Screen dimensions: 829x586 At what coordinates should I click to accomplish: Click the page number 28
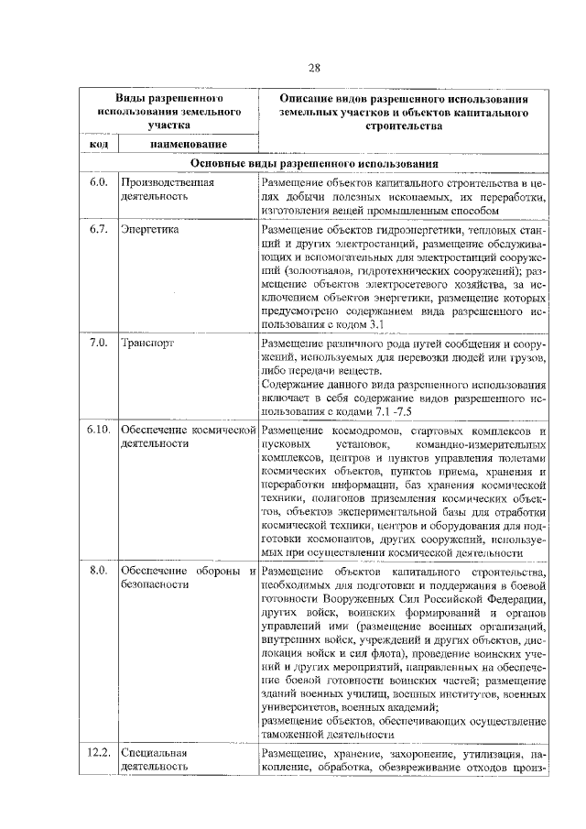(x=314, y=69)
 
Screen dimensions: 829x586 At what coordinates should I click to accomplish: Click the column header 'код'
(x=99, y=145)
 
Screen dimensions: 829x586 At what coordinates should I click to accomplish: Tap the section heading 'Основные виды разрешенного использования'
(x=314, y=163)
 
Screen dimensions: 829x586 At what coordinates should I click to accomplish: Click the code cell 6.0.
(x=99, y=182)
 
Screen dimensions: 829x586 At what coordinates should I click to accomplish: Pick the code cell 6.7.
(x=99, y=229)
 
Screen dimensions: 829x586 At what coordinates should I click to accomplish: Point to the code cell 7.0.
(x=99, y=343)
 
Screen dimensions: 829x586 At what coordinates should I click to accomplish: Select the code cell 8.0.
(x=99, y=573)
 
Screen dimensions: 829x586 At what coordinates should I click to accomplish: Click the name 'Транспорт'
(x=146, y=343)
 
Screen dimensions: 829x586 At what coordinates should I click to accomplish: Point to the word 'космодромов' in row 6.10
(x=356, y=430)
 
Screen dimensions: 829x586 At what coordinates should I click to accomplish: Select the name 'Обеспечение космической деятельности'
(x=185, y=436)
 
